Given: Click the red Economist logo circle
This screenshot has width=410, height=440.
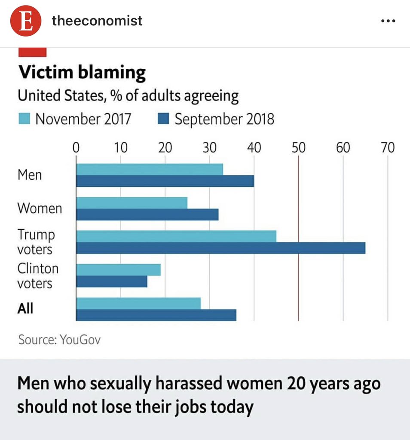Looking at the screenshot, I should coord(26,21).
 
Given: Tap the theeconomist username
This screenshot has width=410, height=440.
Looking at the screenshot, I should coord(97,21).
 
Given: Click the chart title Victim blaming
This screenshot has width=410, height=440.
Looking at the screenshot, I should coord(82,73).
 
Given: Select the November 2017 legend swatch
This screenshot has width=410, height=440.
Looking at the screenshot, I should coord(24,119).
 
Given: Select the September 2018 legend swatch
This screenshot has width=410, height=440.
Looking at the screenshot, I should coord(163,119).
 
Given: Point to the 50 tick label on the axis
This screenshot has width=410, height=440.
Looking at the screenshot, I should coord(298,148).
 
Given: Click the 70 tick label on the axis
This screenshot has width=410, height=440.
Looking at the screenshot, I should coord(387,148).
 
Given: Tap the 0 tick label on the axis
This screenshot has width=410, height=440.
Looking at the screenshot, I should coord(76,148).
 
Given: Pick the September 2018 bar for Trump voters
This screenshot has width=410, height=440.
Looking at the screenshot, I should coord(220,248).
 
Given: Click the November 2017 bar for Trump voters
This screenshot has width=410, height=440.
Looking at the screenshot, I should coord(176,236).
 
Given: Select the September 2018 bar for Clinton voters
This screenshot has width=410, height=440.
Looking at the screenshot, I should coord(112,281).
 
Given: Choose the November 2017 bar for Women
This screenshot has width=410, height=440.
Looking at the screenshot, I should coord(132,203).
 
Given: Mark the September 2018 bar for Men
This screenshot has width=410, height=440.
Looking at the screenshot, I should coord(165,181).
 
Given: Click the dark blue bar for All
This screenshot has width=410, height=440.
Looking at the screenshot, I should coord(156,315).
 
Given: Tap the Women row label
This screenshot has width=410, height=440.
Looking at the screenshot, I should coord(40,209).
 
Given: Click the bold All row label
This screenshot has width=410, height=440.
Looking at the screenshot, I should coord(25,309).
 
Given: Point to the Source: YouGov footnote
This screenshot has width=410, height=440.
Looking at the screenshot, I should coord(59,340).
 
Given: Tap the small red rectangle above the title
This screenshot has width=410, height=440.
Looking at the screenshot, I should coord(32,52).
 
